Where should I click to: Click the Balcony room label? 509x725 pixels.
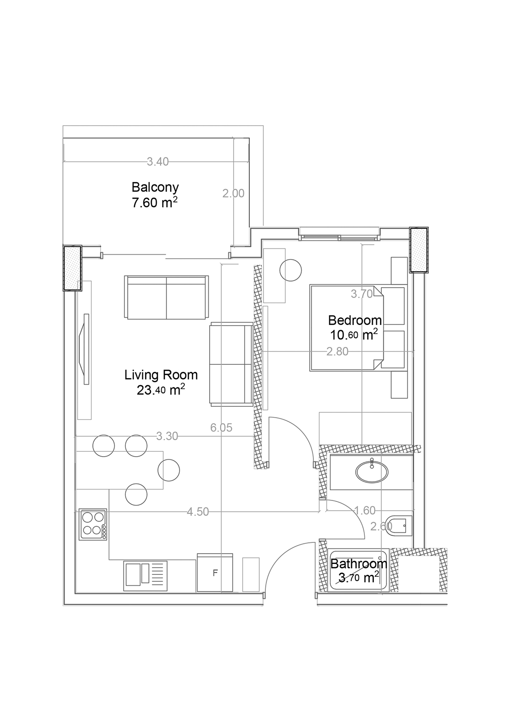[x=155, y=187]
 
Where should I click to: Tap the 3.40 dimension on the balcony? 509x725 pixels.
[x=158, y=161]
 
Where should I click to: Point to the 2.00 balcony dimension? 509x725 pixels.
[x=233, y=193]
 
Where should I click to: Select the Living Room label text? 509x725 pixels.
[x=161, y=375]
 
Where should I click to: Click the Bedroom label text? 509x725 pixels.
[x=355, y=320]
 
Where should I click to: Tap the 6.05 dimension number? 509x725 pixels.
[x=222, y=428]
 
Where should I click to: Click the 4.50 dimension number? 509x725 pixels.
[x=198, y=512]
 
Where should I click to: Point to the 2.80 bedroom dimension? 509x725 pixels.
[x=337, y=352]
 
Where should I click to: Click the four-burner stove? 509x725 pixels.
[x=93, y=524]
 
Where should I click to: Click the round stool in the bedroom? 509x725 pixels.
[x=291, y=270]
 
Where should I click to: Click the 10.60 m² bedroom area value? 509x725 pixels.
[x=354, y=334]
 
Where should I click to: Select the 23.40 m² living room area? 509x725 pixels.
[x=161, y=390]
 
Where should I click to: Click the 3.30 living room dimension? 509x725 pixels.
[x=167, y=436]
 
